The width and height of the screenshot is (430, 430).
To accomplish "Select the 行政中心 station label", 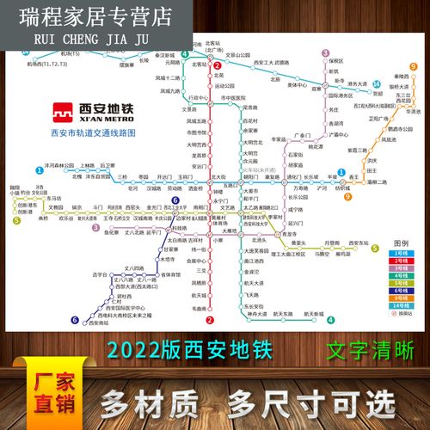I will (197, 98).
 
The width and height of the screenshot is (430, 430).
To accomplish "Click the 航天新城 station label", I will (313, 315).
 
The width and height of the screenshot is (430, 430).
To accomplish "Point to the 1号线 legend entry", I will (401, 255).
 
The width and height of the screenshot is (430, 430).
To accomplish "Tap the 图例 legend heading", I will (401, 243).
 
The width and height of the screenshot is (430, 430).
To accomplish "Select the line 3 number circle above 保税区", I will (326, 53).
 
